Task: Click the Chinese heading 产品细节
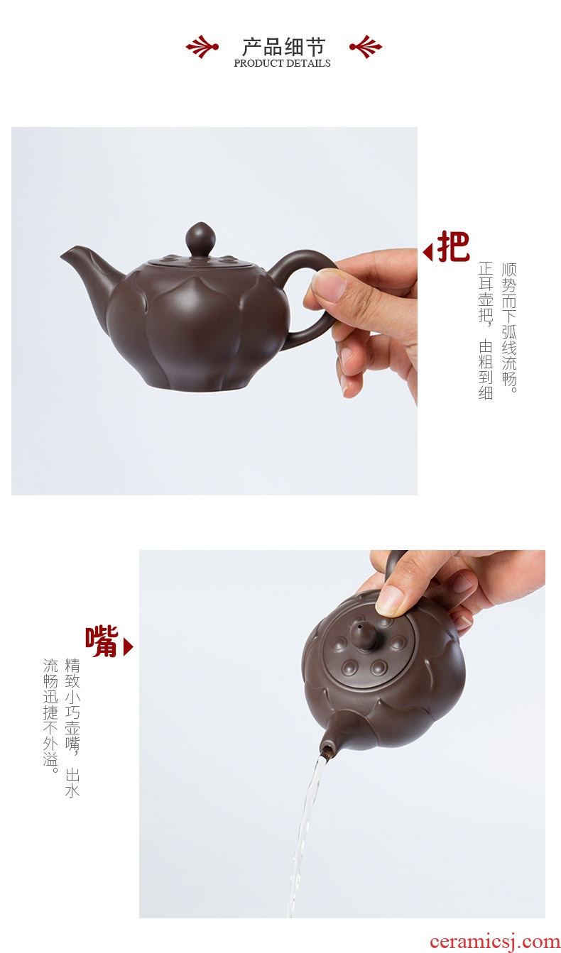284,46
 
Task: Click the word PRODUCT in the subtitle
258,63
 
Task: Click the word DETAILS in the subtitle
308,63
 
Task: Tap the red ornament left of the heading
202,46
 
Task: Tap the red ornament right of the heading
366,46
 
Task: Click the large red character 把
453,246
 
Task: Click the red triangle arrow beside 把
427,253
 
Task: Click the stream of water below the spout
305,834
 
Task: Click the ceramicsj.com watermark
494,942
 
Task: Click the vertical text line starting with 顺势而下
508,328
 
